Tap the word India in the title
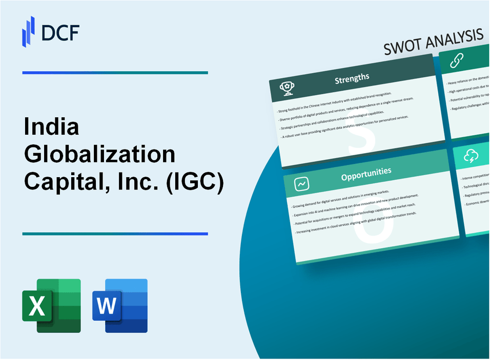51,128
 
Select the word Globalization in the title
99,155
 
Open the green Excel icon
51,306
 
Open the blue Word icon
120,306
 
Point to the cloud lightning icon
471,156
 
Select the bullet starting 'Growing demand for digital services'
348,196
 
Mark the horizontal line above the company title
115,73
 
